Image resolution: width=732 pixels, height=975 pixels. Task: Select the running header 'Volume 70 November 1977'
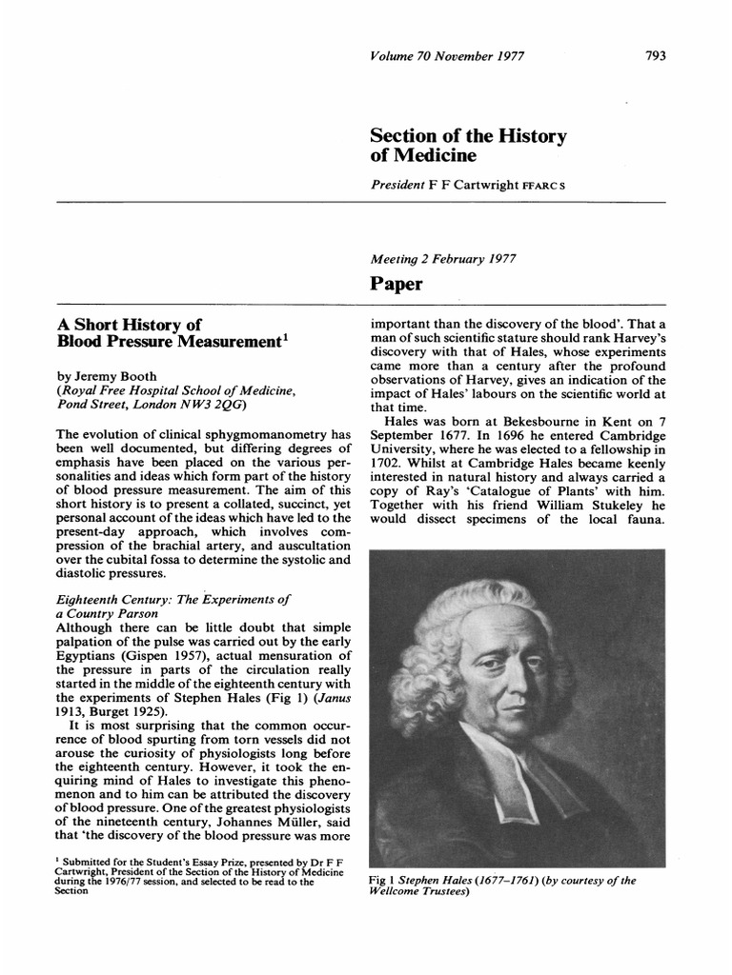click(450, 55)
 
